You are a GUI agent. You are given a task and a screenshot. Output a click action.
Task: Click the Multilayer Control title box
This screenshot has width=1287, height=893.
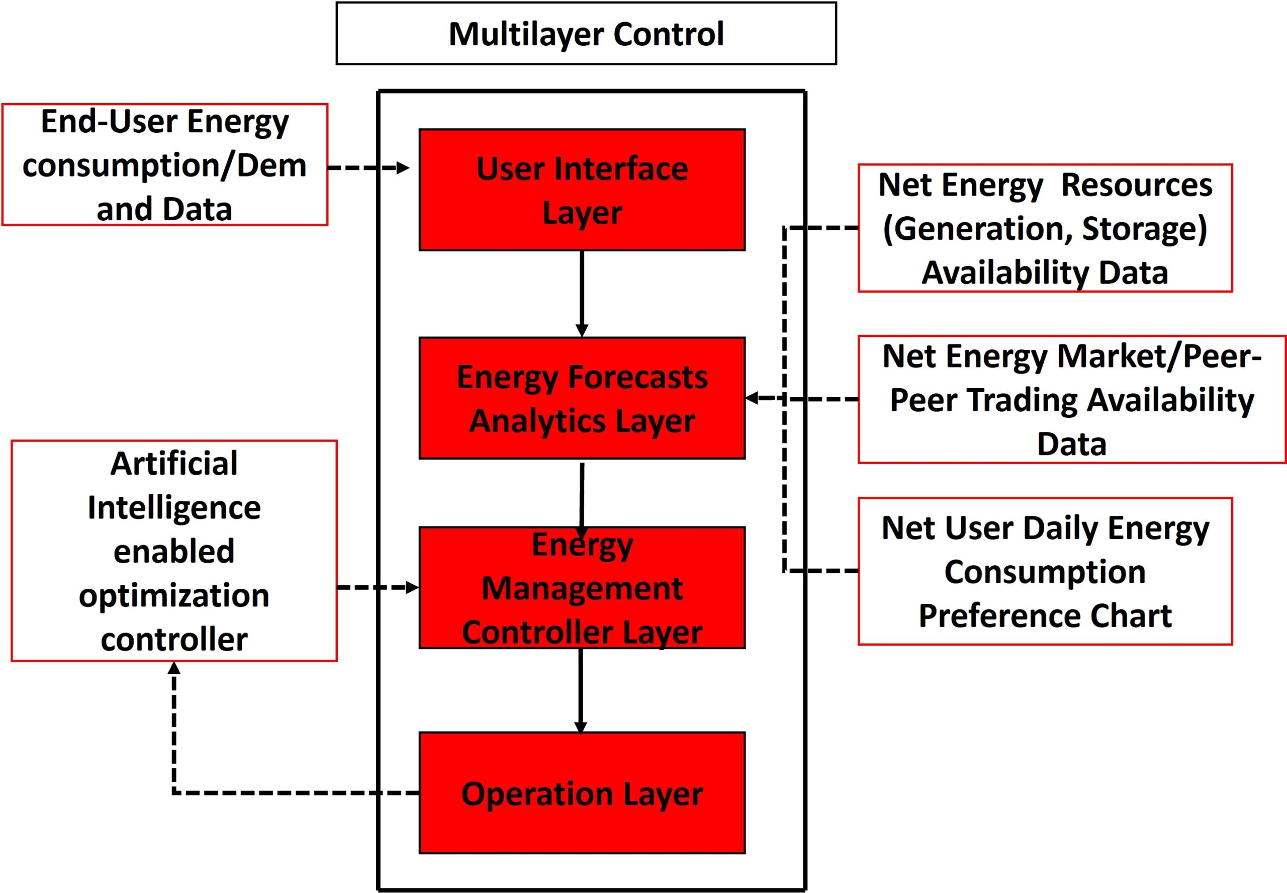[586, 34]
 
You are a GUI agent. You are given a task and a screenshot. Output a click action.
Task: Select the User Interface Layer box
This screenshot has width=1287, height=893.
[582, 190]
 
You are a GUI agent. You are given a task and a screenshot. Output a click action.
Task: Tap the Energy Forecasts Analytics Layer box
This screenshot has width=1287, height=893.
[582, 398]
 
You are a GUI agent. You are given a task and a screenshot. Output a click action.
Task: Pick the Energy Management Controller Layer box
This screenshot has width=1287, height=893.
[582, 587]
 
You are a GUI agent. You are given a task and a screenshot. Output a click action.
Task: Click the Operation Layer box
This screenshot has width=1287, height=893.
[582, 793]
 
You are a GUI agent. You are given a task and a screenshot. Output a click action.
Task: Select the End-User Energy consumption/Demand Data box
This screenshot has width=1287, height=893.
[164, 164]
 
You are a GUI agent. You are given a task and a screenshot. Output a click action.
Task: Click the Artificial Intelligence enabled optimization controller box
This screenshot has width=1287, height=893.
[174, 551]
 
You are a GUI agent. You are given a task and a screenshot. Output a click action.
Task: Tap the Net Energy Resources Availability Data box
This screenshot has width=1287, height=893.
[1045, 228]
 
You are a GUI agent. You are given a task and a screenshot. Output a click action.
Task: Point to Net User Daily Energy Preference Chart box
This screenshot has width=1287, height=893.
[1045, 571]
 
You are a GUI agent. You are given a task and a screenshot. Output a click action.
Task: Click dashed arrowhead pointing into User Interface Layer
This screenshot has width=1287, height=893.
[403, 167]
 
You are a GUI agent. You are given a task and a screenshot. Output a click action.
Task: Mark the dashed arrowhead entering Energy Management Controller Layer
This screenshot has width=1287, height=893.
[412, 587]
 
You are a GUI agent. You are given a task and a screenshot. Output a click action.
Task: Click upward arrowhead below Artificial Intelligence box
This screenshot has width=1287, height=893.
[174, 668]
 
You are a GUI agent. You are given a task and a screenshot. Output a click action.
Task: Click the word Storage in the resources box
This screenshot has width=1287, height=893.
[1144, 228]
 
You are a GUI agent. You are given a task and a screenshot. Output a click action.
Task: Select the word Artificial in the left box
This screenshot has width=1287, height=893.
[174, 463]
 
